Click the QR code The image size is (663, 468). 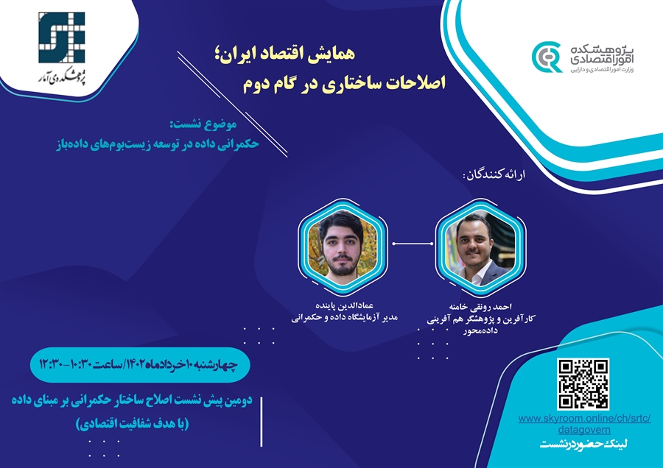[583, 384]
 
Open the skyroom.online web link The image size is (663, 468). [584, 424]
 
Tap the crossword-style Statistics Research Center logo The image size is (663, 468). [62, 38]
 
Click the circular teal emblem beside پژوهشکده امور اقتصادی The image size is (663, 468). [547, 57]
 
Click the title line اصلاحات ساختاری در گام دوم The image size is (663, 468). [344, 83]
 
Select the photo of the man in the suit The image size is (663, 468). [480, 248]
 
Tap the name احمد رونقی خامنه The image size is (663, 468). [480, 307]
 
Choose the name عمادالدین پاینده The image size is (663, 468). [345, 305]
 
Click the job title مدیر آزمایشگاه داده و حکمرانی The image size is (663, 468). [345, 318]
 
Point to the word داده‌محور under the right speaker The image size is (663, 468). [480, 330]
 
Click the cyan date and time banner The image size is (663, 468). [140, 364]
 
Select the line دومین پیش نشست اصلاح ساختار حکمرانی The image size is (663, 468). [132, 400]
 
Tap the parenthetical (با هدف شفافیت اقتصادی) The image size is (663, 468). [132, 423]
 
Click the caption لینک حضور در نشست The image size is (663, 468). [584, 444]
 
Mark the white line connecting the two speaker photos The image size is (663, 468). [413, 244]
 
